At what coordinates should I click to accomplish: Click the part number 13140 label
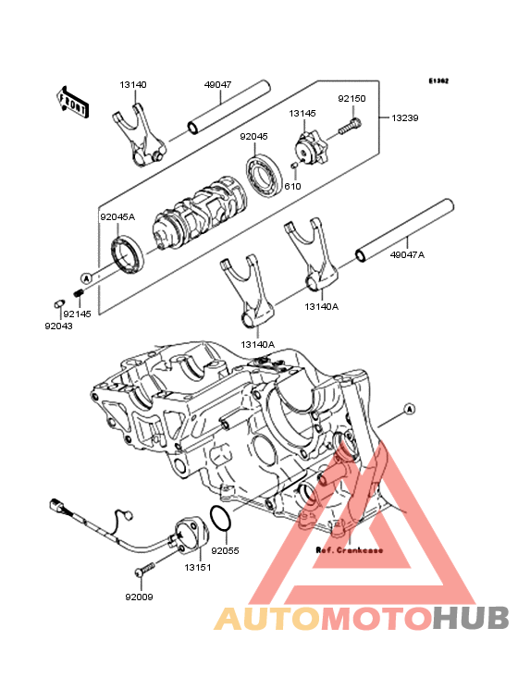(132, 85)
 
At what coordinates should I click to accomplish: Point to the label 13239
(404, 118)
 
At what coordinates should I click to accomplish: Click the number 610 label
(292, 186)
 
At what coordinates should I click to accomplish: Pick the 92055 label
(225, 550)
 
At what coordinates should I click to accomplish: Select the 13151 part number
(197, 567)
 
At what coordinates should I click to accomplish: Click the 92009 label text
(139, 597)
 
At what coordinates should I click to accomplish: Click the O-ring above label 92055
(220, 521)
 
